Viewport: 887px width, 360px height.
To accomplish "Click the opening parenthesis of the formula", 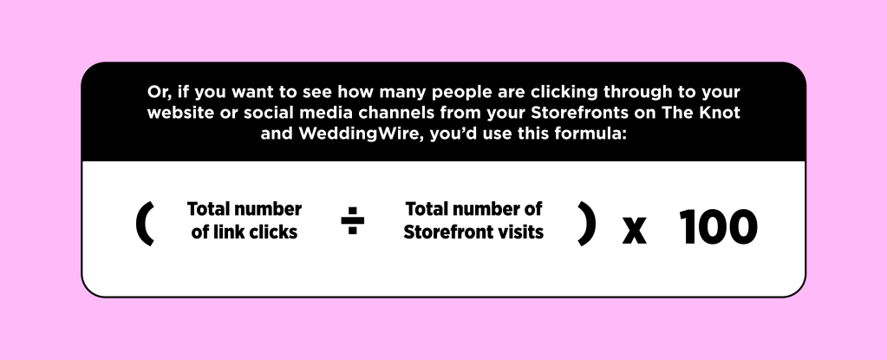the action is (144, 224).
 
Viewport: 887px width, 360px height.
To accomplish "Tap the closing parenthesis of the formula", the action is (587, 224).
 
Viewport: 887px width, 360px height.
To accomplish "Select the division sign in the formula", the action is (352, 220).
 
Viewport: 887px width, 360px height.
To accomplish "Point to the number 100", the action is (718, 226).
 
